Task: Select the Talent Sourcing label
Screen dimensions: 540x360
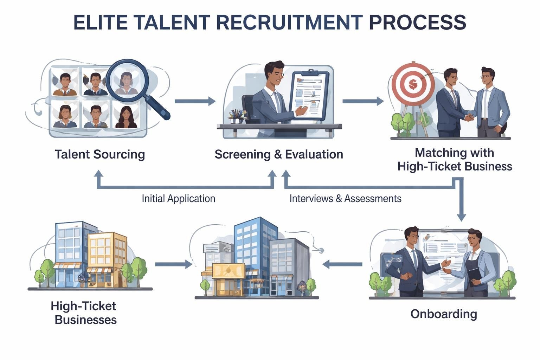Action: (100, 154)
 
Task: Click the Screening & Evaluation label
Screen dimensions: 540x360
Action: (279, 154)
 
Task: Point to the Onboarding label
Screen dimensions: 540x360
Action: (444, 314)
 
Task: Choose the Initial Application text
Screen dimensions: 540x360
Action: (178, 199)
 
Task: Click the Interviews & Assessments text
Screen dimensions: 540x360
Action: (345, 199)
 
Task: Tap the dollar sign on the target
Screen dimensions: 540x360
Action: (413, 84)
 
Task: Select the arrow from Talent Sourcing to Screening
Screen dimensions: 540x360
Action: (195, 101)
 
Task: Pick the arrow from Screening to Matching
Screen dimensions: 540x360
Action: (363, 101)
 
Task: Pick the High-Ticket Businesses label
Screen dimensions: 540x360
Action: (85, 313)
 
